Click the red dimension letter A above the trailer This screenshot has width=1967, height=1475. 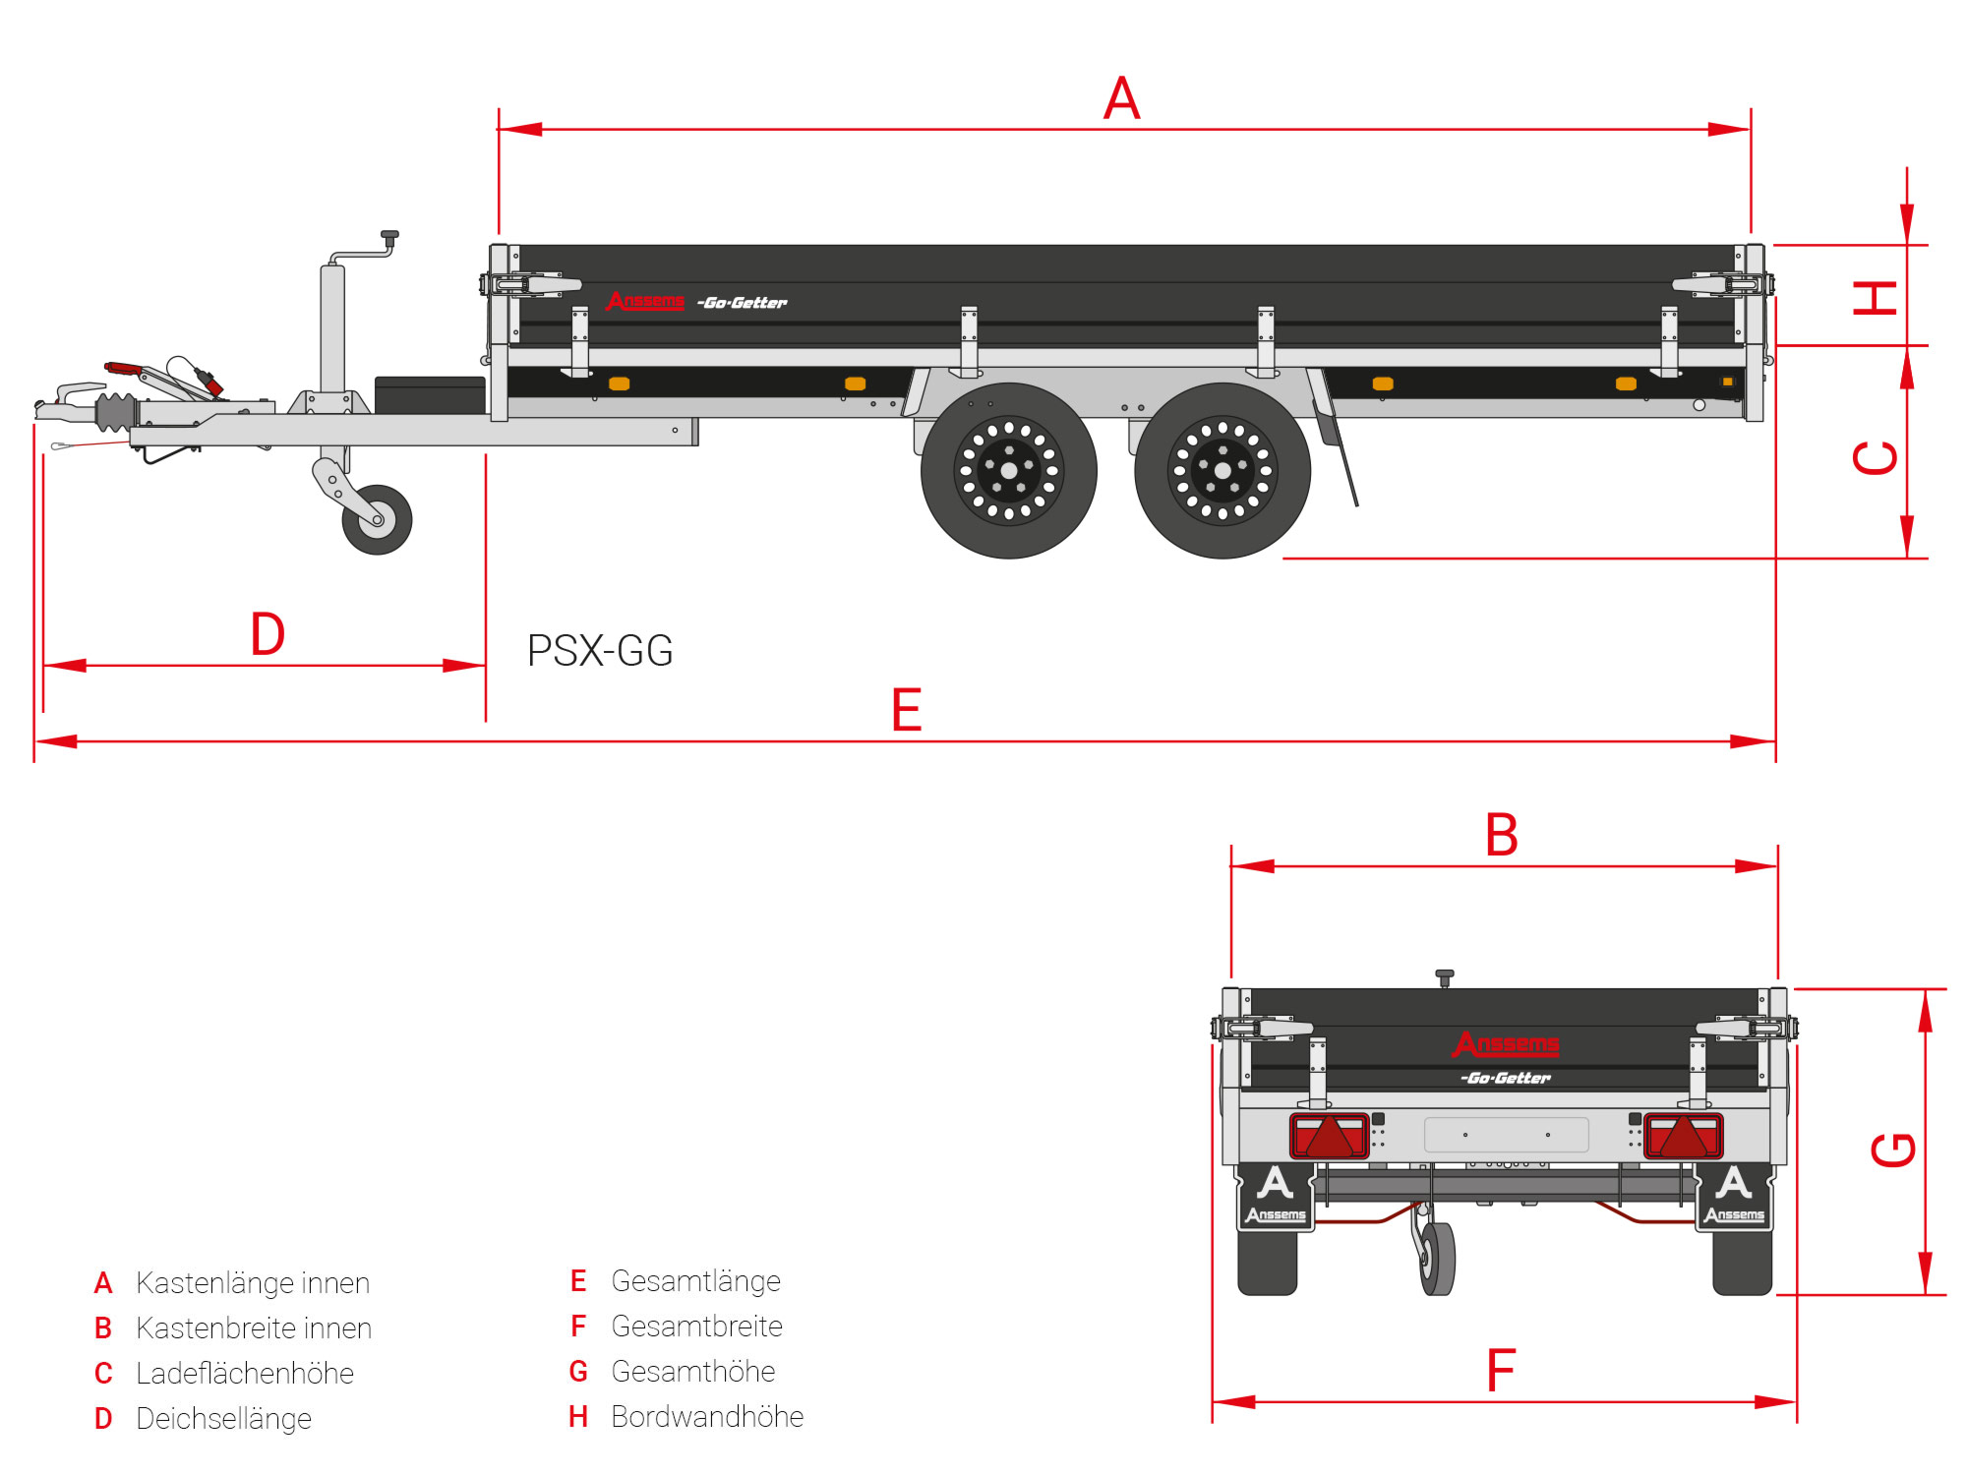pyautogui.click(x=1122, y=98)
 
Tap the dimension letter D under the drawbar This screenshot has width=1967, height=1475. pyautogui.click(x=268, y=634)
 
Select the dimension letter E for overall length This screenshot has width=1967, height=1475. pyautogui.click(x=906, y=710)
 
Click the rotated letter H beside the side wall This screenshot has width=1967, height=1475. pyautogui.click(x=1876, y=297)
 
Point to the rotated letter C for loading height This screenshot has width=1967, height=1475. pyautogui.click(x=1876, y=458)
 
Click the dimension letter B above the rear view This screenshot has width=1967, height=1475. pyautogui.click(x=1502, y=835)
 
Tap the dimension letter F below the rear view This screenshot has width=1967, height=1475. pyautogui.click(x=1501, y=1371)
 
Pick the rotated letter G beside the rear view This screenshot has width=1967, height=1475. pyautogui.click(x=1893, y=1150)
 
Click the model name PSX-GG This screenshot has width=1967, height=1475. pyautogui.click(x=600, y=651)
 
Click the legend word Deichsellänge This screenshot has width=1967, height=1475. pyautogui.click(x=223, y=1418)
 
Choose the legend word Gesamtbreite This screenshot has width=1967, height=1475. pyautogui.click(x=696, y=1327)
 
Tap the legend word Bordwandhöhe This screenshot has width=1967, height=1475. pyautogui.click(x=707, y=1417)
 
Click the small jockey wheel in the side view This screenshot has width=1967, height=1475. pyautogui.click(x=377, y=519)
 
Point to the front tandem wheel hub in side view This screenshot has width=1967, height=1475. pyautogui.click(x=1008, y=471)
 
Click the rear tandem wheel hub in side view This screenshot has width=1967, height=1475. pyautogui.click(x=1222, y=471)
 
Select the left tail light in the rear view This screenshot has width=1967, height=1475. pyautogui.click(x=1329, y=1136)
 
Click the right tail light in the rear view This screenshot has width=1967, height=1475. pyautogui.click(x=1683, y=1136)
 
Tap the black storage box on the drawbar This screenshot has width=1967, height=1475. pyautogui.click(x=430, y=395)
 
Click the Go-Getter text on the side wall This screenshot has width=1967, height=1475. pyautogui.click(x=743, y=303)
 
